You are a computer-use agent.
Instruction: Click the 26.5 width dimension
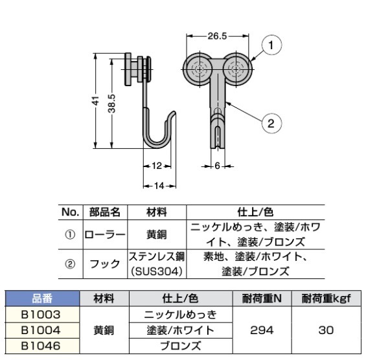tap(216, 37)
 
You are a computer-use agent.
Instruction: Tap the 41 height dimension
tap(95, 101)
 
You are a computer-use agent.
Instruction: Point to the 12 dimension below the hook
tap(155, 166)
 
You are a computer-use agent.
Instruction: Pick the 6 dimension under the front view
tap(218, 166)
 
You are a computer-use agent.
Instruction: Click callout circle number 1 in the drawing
tap(273, 45)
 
